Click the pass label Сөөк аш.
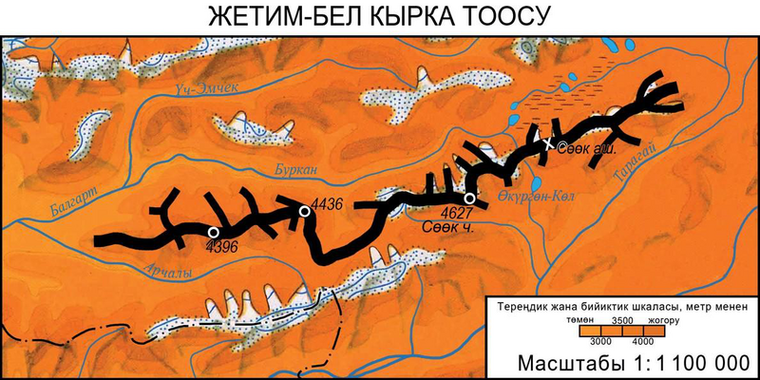588,148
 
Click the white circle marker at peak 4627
470,198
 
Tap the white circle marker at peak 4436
305,211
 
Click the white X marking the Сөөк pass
548,144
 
